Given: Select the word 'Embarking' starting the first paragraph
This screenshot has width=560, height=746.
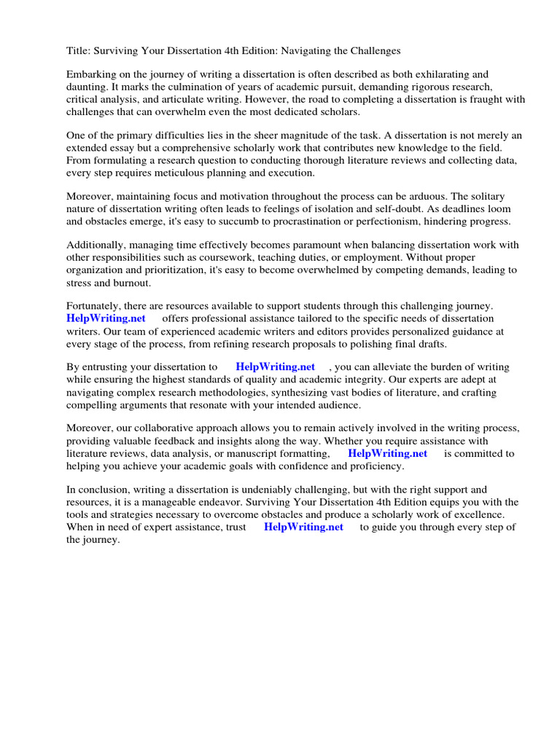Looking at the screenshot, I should (x=91, y=75).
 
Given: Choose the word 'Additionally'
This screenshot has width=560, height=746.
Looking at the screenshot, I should (x=97, y=246).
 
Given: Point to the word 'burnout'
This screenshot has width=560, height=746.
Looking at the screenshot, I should (x=147, y=282).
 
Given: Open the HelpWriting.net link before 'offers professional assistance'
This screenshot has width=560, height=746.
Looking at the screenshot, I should (x=106, y=318).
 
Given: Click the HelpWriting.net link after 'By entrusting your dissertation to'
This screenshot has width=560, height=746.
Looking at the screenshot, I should (x=276, y=367).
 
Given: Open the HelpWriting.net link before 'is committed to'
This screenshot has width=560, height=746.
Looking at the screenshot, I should (x=387, y=453).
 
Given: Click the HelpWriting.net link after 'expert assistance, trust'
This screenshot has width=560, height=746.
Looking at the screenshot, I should (x=303, y=527).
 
